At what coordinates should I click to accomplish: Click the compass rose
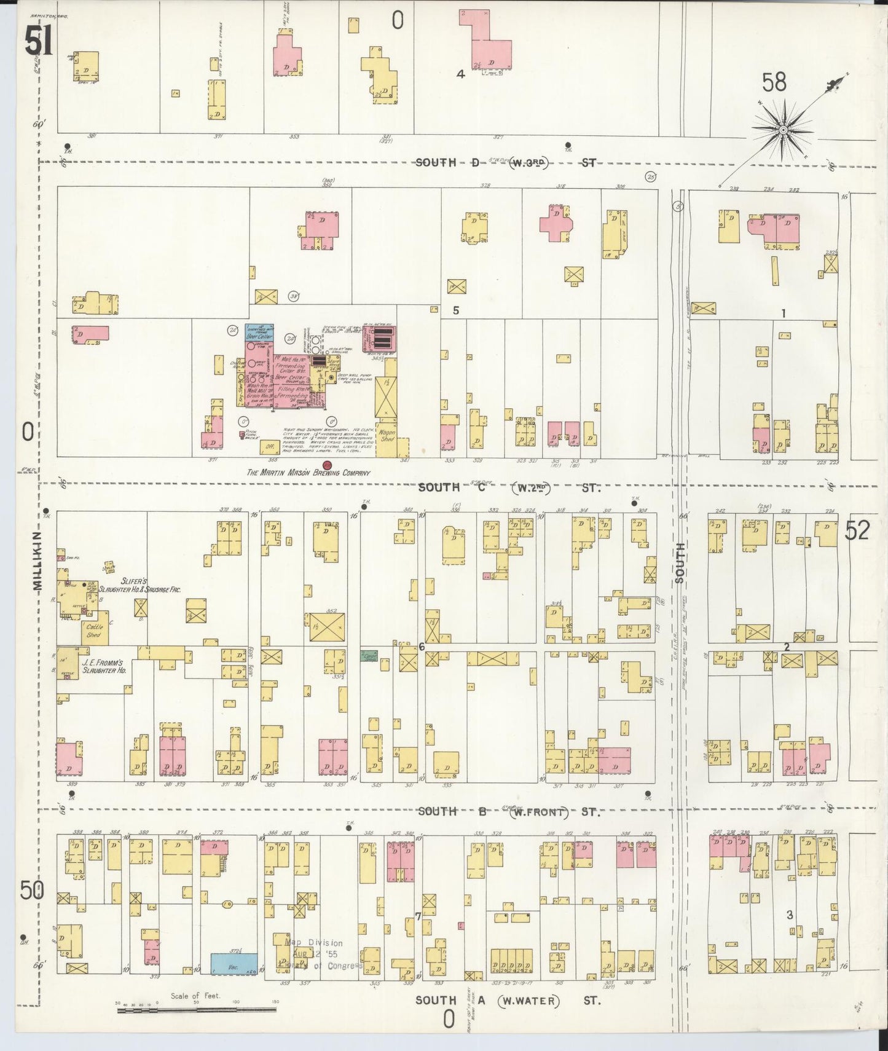[784, 130]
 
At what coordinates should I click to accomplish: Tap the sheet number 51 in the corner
[38, 42]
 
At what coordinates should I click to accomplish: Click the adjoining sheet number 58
[774, 82]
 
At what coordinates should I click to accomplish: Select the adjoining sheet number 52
[857, 530]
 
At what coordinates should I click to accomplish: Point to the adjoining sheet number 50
[31, 890]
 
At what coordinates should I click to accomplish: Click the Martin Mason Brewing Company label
[308, 473]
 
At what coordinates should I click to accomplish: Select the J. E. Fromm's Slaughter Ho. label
[103, 668]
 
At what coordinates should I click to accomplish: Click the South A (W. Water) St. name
[508, 1001]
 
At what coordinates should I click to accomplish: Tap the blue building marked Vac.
[234, 964]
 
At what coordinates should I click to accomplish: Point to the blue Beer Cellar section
[259, 333]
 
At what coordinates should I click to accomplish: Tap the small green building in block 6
[369, 656]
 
